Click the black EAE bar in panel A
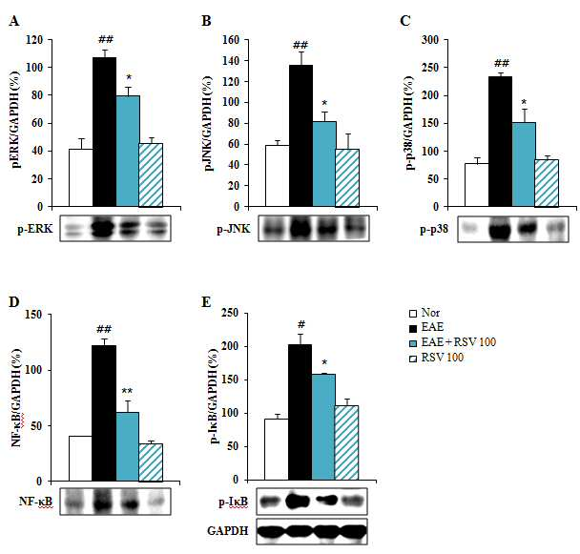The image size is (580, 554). coord(104,132)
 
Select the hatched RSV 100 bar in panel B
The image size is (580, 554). coord(347,177)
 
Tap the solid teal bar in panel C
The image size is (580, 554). coord(524,164)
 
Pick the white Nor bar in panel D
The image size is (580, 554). coord(80,459)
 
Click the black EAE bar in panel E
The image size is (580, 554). coord(300,412)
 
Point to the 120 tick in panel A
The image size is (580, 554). coord(34,40)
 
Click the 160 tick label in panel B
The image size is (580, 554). coord(231,40)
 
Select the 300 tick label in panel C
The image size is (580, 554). coord(430,40)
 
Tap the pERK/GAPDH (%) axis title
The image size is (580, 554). coord(16,119)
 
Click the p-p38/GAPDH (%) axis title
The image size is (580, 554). coord(409,123)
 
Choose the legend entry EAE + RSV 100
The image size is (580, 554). coord(458,342)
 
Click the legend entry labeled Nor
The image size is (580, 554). coord(430,313)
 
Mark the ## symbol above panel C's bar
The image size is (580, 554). coord(501,63)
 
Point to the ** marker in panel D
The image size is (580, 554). coord(127,391)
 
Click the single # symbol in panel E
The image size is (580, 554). coord(301,325)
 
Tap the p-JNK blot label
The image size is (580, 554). coord(234,229)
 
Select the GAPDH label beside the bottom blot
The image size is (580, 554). coord(227,531)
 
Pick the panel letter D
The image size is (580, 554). coord(13,302)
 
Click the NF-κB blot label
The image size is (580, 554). coord(36,502)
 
